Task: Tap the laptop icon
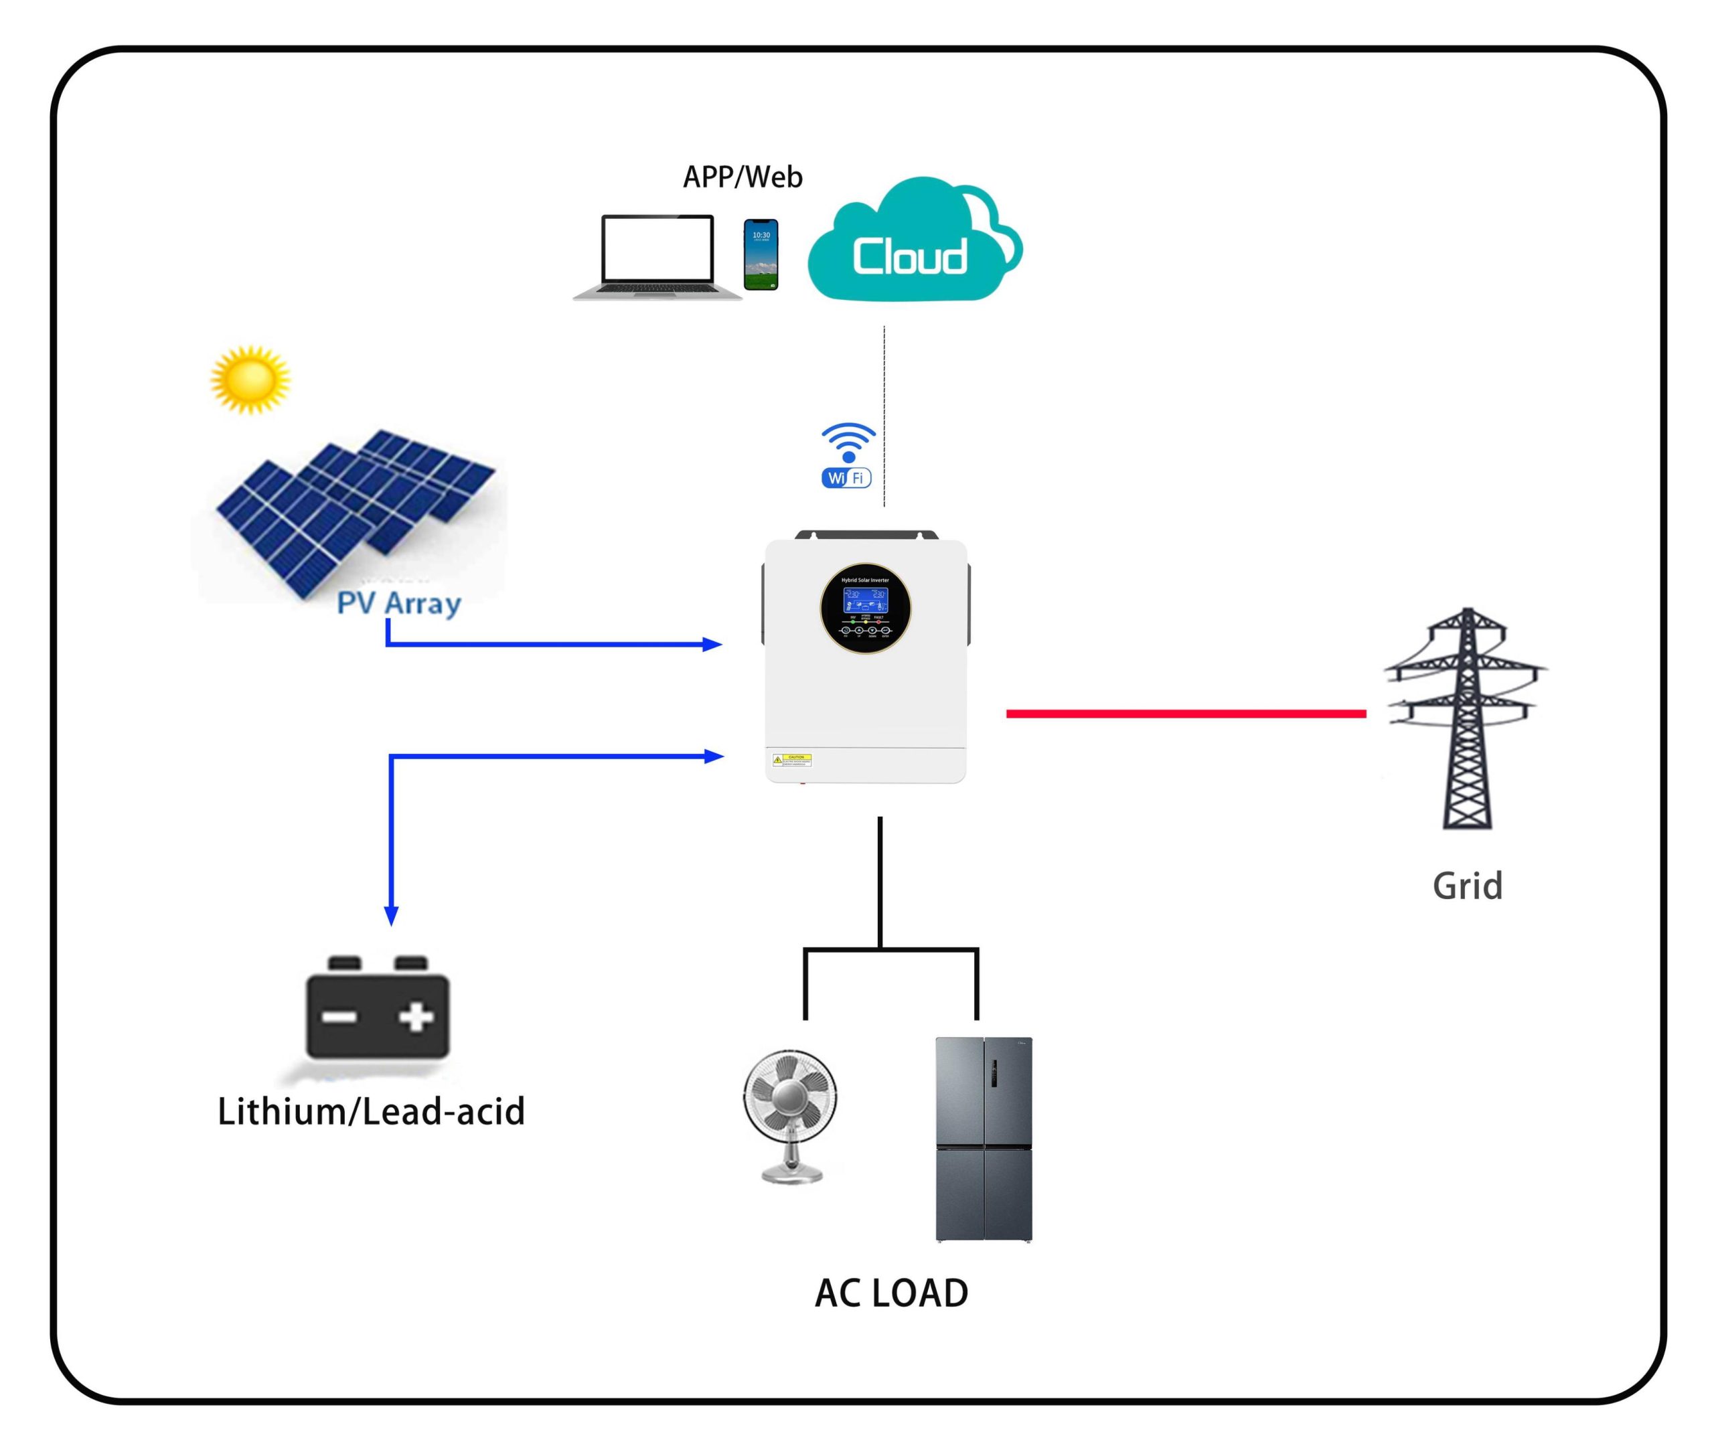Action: (x=657, y=256)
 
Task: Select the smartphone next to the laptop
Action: (x=760, y=254)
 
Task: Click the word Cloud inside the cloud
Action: (x=909, y=257)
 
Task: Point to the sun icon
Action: (x=250, y=379)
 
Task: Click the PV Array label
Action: (x=399, y=603)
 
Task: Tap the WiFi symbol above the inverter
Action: (x=847, y=455)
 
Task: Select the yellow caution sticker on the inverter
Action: (x=792, y=759)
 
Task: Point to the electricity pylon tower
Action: (x=1466, y=717)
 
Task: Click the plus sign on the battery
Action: (x=416, y=1017)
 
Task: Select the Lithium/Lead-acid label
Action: (x=371, y=1112)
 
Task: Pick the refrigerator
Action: (x=984, y=1139)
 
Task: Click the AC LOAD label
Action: (x=891, y=1293)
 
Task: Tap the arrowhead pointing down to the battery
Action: (x=392, y=915)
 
